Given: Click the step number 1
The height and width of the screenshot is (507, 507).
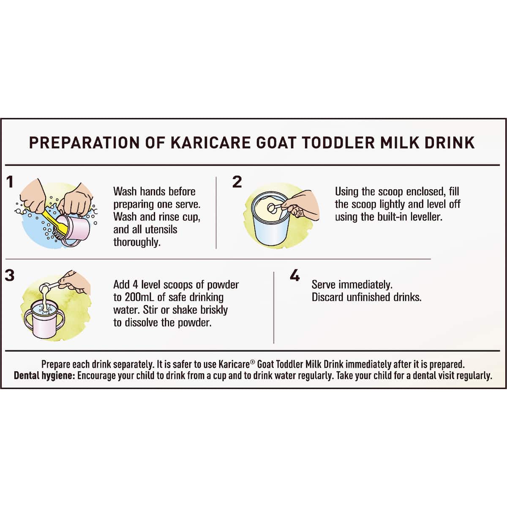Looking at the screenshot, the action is [x=10, y=182].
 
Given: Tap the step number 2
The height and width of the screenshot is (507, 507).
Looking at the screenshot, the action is [x=237, y=182].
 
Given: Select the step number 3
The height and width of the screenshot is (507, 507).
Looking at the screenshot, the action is [x=9, y=275].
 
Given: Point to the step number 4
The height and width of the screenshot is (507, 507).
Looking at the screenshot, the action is [x=294, y=275].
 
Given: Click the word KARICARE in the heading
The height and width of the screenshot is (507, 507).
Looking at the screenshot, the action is [x=210, y=143].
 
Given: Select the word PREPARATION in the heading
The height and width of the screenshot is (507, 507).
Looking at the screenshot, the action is [x=84, y=143].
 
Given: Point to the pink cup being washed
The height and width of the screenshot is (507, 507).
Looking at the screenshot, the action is [x=74, y=230].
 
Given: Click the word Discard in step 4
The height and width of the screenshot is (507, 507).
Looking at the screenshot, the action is [x=327, y=297].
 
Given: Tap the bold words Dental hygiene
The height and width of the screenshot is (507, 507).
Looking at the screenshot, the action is [x=45, y=376].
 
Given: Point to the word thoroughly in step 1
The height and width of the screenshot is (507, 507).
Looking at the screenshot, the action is [x=137, y=243].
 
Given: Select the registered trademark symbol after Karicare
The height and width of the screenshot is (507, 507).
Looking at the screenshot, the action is [x=252, y=362].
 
